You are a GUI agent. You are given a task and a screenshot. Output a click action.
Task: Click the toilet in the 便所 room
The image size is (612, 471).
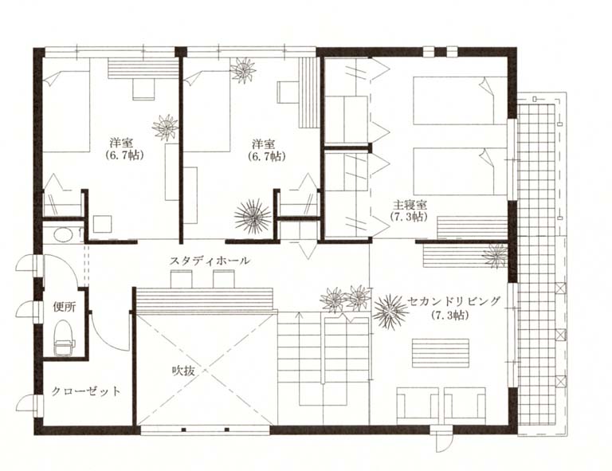pyautogui.click(x=64, y=339)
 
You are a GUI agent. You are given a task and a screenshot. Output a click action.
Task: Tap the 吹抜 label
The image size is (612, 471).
pyautogui.click(x=183, y=371)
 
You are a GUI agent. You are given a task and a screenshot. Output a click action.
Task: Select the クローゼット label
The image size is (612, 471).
pyautogui.click(x=86, y=391)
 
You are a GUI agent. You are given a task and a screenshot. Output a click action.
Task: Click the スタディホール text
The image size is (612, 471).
pyautogui.click(x=210, y=261)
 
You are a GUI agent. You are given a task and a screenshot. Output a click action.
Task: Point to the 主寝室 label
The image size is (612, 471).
pyautogui.click(x=410, y=205)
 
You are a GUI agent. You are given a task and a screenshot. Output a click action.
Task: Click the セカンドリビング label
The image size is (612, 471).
pyautogui.click(x=453, y=301)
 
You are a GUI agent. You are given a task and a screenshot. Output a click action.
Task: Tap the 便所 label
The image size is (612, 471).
pyautogui.click(x=65, y=307)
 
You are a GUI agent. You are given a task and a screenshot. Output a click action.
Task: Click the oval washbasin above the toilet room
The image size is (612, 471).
pyautogui.click(x=63, y=234)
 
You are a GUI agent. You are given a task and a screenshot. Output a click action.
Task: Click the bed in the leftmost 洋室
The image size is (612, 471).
pyautogui.click(x=66, y=111)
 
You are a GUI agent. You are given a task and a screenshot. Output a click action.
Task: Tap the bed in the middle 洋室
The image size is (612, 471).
pyautogui.click(x=206, y=111)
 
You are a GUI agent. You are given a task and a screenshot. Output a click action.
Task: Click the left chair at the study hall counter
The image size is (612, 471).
pyautogui.click(x=181, y=279)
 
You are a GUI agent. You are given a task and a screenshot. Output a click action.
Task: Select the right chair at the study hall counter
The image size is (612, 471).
pyautogui.click(x=224, y=279)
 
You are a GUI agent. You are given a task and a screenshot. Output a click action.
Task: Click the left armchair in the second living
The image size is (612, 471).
pyautogui.click(x=418, y=406)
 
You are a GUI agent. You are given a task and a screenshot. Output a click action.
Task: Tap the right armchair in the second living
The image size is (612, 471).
pyautogui.click(x=465, y=406)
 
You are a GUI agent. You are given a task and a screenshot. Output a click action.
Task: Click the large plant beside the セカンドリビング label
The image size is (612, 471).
pyautogui.click(x=390, y=312)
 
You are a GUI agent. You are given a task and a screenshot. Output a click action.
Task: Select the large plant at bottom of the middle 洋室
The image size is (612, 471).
pyautogui.click(x=253, y=217)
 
